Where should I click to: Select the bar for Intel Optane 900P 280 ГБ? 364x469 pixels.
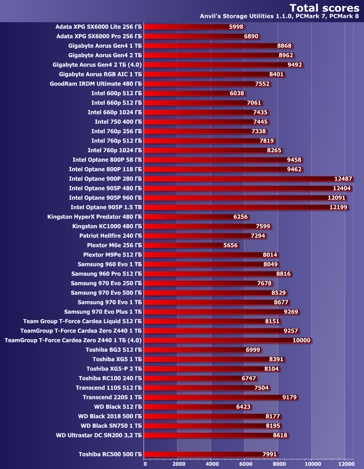[249, 179]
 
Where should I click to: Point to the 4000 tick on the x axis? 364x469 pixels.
[211, 464]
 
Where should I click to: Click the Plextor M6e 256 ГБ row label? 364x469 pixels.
[114, 245]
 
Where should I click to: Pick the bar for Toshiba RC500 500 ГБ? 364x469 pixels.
[211, 454]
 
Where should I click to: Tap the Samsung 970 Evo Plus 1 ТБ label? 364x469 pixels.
[103, 311]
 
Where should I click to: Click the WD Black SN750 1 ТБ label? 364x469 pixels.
[111, 425]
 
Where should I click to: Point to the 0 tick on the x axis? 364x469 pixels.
[145, 464]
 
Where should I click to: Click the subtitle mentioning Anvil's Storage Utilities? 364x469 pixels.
[280, 16]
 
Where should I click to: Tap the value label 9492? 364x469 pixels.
[295, 65]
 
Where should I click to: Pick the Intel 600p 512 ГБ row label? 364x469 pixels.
[116, 93]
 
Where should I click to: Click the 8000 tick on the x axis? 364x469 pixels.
[278, 464]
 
